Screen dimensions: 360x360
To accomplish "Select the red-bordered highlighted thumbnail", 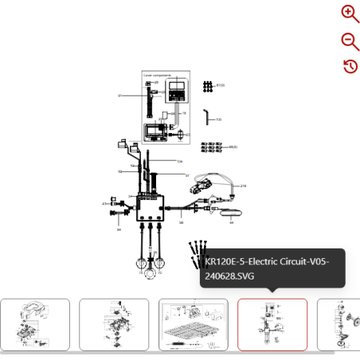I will pos(272,324).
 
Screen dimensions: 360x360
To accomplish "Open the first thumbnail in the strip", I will pos(35,324).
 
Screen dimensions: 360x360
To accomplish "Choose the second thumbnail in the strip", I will pos(114,324).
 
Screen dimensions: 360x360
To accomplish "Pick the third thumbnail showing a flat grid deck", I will pos(193,324).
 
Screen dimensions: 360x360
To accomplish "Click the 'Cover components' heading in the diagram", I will pos(158,75).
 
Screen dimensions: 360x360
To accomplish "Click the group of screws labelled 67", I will pos(208,85).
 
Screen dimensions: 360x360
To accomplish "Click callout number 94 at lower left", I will pos(119,229).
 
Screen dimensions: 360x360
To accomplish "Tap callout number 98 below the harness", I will pos(181,223).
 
